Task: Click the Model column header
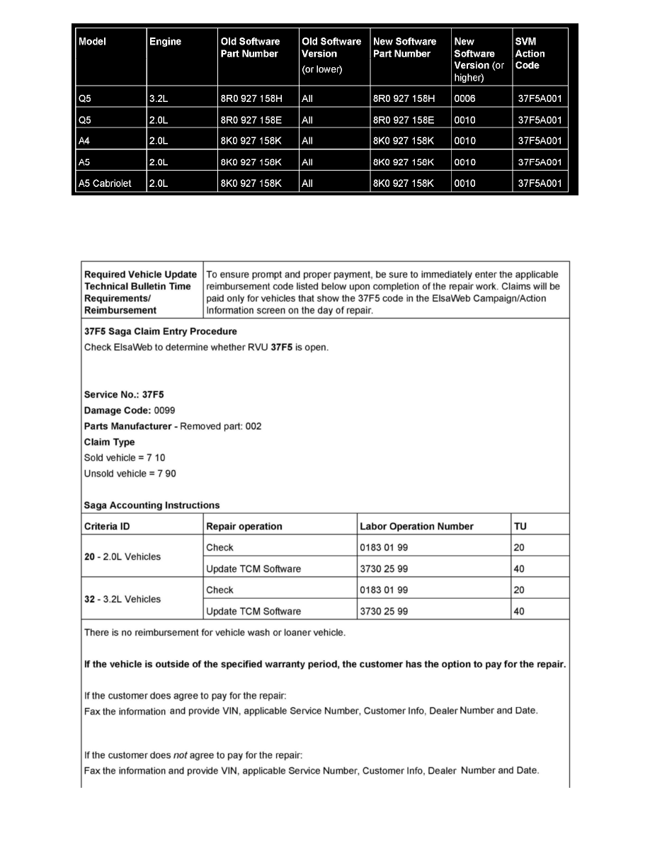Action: tap(92, 41)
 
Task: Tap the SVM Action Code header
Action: tap(530, 53)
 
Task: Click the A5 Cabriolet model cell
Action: tap(105, 183)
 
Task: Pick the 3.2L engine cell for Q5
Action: tap(157, 98)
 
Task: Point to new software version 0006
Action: tap(465, 98)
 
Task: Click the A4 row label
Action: tap(85, 141)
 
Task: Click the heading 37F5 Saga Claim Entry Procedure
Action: tap(160, 331)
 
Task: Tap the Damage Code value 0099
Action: tap(165, 411)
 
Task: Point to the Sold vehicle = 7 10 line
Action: tap(125, 458)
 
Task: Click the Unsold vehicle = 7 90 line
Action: tap(130, 474)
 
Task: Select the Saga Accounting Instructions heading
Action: tap(152, 505)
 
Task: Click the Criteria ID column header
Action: tap(107, 526)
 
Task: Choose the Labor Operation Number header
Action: tap(417, 526)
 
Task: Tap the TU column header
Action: tap(520, 526)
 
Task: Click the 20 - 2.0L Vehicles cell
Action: tap(122, 556)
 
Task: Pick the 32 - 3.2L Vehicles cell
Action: tap(122, 599)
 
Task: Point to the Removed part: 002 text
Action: tap(221, 426)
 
